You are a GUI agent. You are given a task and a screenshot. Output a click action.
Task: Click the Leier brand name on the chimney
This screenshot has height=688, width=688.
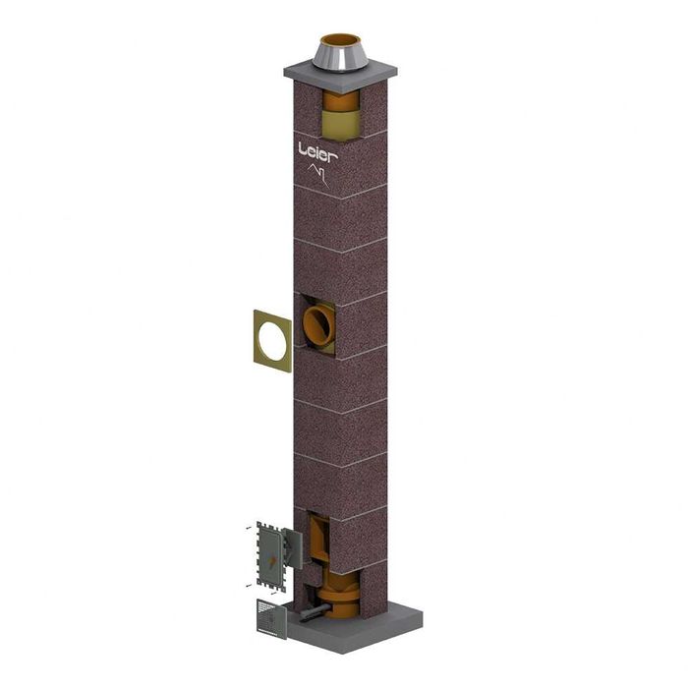pyautogui.click(x=318, y=149)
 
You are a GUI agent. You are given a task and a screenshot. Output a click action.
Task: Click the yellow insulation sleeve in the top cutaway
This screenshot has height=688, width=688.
pyautogui.click(x=341, y=122)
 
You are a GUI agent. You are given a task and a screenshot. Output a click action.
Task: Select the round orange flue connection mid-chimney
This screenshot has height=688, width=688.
pyautogui.click(x=318, y=323)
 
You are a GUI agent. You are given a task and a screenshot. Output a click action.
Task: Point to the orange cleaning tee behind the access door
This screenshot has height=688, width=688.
pyautogui.click(x=321, y=541)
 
